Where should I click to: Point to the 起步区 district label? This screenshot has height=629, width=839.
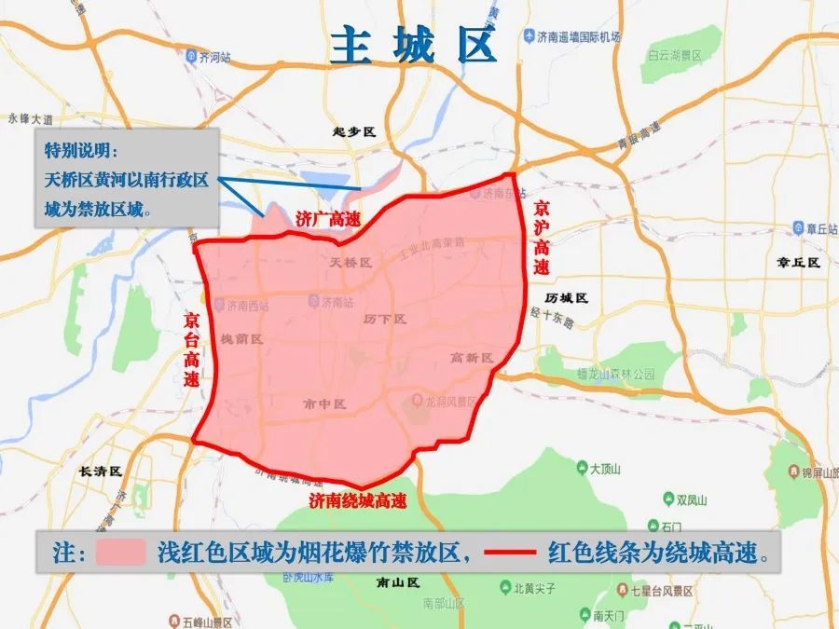click(353, 132)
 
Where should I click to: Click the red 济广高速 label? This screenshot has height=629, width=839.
click(327, 219)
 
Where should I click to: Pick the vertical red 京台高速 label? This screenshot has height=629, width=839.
click(191, 349)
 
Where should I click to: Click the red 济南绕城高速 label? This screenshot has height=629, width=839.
click(358, 500)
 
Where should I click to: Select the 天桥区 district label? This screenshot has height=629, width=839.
click(351, 263)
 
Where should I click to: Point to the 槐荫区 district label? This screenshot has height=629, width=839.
click(241, 339)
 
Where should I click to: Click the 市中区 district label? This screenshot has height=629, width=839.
click(324, 403)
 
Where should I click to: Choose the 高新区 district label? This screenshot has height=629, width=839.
click(471, 357)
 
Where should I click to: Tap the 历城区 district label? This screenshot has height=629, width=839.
click(567, 297)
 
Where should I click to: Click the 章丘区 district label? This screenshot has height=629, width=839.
click(797, 263)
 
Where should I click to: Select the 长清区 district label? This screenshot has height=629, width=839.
click(101, 472)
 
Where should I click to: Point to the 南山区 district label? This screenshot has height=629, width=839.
click(400, 582)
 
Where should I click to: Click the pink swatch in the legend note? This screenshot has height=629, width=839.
click(119, 552)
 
